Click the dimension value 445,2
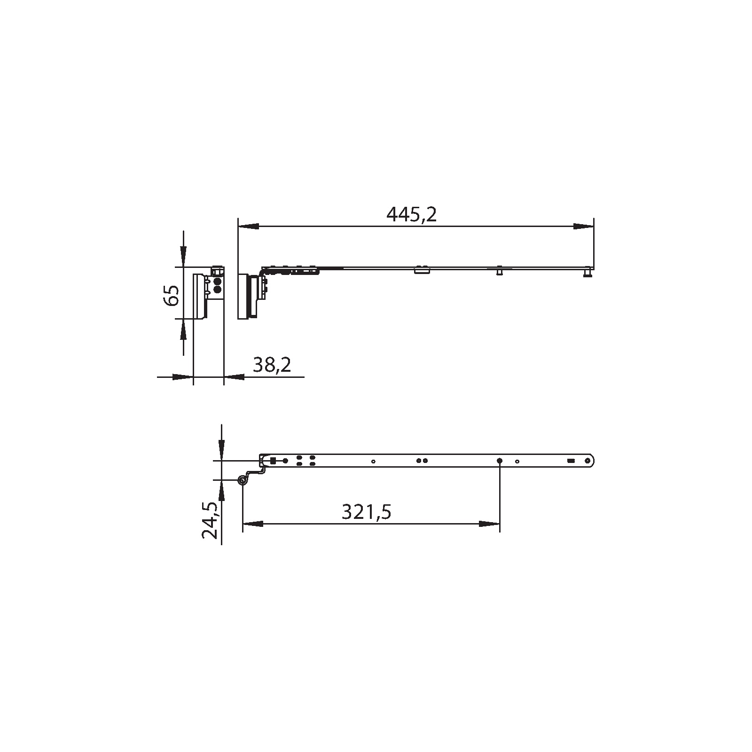pyautogui.click(x=411, y=215)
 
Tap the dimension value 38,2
pyautogui.click(x=272, y=365)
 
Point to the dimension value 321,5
pyautogui.click(x=366, y=512)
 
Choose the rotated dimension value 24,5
pyautogui.click(x=210, y=520)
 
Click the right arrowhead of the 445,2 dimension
pyautogui.click(x=583, y=227)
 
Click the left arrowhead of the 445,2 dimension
pyautogui.click(x=249, y=227)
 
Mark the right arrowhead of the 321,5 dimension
pyautogui.click(x=489, y=524)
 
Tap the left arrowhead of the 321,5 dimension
pyautogui.click(x=253, y=524)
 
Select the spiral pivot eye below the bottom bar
pyautogui.click(x=243, y=480)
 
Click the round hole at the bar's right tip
pyautogui.click(x=587, y=461)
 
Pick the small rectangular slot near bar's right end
pyautogui.click(x=571, y=461)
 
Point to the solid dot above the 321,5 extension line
pyautogui.click(x=500, y=461)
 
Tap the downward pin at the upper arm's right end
pyautogui.click(x=587, y=273)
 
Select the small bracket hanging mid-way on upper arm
pyautogui.click(x=421, y=270)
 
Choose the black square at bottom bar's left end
pyautogui.click(x=273, y=461)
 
